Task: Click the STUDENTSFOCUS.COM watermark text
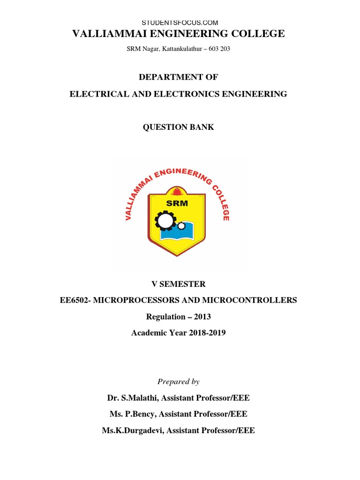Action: pos(180,22)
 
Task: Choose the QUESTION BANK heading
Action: pos(178,127)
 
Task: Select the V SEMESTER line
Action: pos(178,284)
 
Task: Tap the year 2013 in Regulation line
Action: pos(202,316)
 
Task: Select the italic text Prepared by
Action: pos(178,382)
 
